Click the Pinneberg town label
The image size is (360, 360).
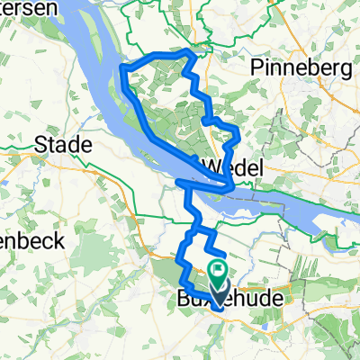[x=301, y=69]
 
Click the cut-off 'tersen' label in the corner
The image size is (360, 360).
[x=20, y=6]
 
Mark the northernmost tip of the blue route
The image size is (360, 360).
[x=187, y=51]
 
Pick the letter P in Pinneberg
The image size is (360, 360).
[x=260, y=69]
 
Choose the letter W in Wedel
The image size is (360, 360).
[x=211, y=166]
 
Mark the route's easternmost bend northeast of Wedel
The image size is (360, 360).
[x=238, y=135]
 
